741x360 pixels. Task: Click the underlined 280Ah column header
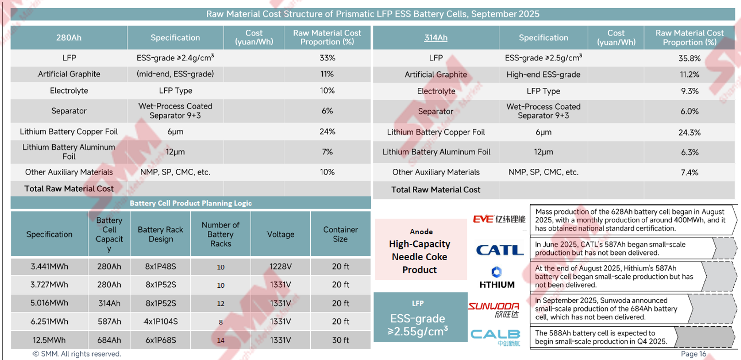[x=69, y=38]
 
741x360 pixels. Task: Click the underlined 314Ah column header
[x=436, y=38]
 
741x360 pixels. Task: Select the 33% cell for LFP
[x=327, y=58]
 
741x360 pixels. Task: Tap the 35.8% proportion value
[x=689, y=59]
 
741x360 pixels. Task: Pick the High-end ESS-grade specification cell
[x=543, y=75]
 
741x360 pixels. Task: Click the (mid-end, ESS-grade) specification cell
[x=175, y=74]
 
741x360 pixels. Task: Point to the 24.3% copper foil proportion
[x=689, y=133]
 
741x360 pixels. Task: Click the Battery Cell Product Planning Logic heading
[x=190, y=203]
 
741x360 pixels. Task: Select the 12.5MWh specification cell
[x=49, y=340]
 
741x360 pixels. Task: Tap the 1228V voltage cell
[x=281, y=267]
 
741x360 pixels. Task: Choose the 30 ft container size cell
[x=340, y=340]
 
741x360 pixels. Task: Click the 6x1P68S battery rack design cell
[x=160, y=340]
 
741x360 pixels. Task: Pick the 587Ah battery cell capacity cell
[x=109, y=322]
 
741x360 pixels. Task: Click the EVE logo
[x=499, y=220]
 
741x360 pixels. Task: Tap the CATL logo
[x=499, y=250]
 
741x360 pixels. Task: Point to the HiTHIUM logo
[x=497, y=278]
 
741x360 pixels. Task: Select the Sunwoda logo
[x=494, y=310]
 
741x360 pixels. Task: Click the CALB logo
[x=496, y=337]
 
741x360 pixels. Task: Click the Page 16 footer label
[x=693, y=354]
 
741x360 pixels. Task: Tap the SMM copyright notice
[x=77, y=354]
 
